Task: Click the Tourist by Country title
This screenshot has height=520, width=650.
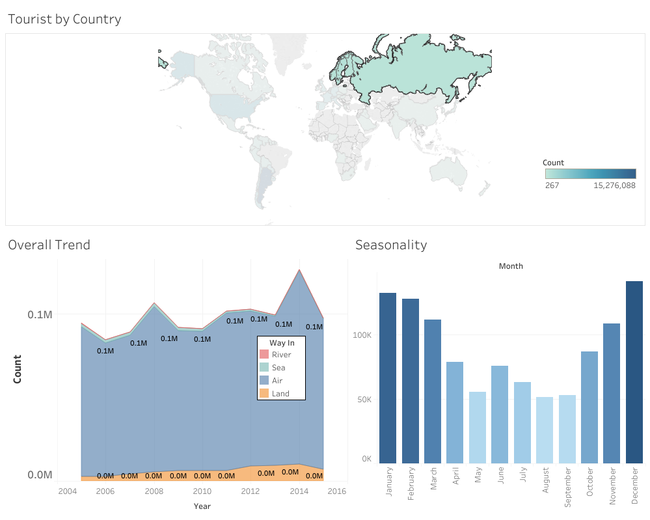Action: coord(64,19)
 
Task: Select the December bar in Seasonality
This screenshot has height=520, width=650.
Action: coord(634,372)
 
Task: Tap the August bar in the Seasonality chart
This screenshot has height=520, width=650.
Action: coord(545,430)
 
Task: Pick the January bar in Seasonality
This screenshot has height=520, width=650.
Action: coord(388,377)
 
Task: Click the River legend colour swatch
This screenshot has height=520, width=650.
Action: coord(264,355)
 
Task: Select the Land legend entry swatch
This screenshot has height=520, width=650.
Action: coord(264,394)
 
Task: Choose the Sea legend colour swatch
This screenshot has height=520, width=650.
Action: coord(264,368)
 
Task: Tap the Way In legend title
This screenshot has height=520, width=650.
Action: coord(282,343)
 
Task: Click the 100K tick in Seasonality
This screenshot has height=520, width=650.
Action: coord(362,335)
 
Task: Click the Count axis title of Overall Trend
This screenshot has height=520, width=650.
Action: coord(18,368)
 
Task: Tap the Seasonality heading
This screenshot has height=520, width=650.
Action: coord(390,245)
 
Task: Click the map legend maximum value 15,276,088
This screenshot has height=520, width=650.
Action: coord(614,185)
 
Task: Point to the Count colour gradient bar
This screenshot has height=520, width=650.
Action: coord(590,173)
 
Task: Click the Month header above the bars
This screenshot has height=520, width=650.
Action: coord(511,266)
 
